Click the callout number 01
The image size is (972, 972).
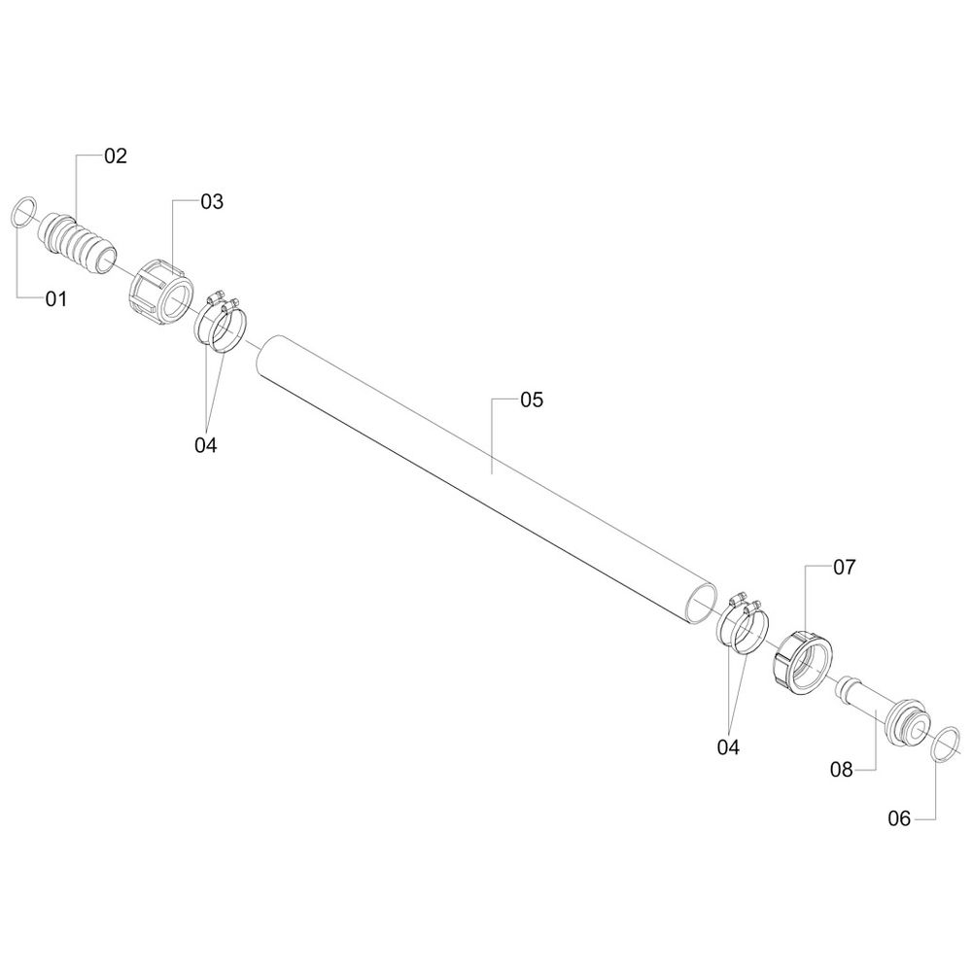tap(55, 299)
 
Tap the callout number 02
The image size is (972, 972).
tap(116, 156)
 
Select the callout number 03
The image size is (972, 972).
tap(212, 201)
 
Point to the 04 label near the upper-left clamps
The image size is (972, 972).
tap(206, 445)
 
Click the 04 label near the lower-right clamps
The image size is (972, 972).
tap(728, 747)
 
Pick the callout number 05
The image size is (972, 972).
tap(532, 399)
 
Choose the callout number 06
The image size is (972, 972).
tap(899, 818)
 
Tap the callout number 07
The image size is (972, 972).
tap(844, 568)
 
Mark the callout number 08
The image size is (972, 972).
tap(842, 770)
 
